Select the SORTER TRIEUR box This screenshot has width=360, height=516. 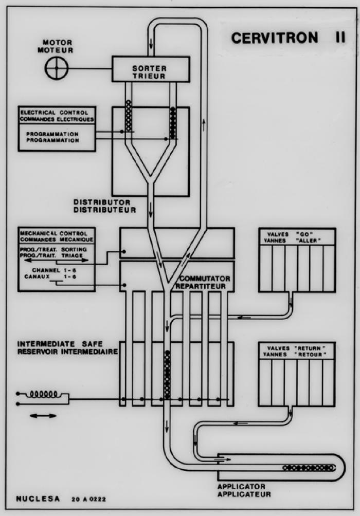[x=151, y=69]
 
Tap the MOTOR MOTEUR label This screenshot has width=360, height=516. [x=58, y=46]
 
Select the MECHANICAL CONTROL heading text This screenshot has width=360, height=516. [x=57, y=236]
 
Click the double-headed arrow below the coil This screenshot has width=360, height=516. [x=43, y=415]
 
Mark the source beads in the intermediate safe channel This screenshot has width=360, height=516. [x=167, y=375]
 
